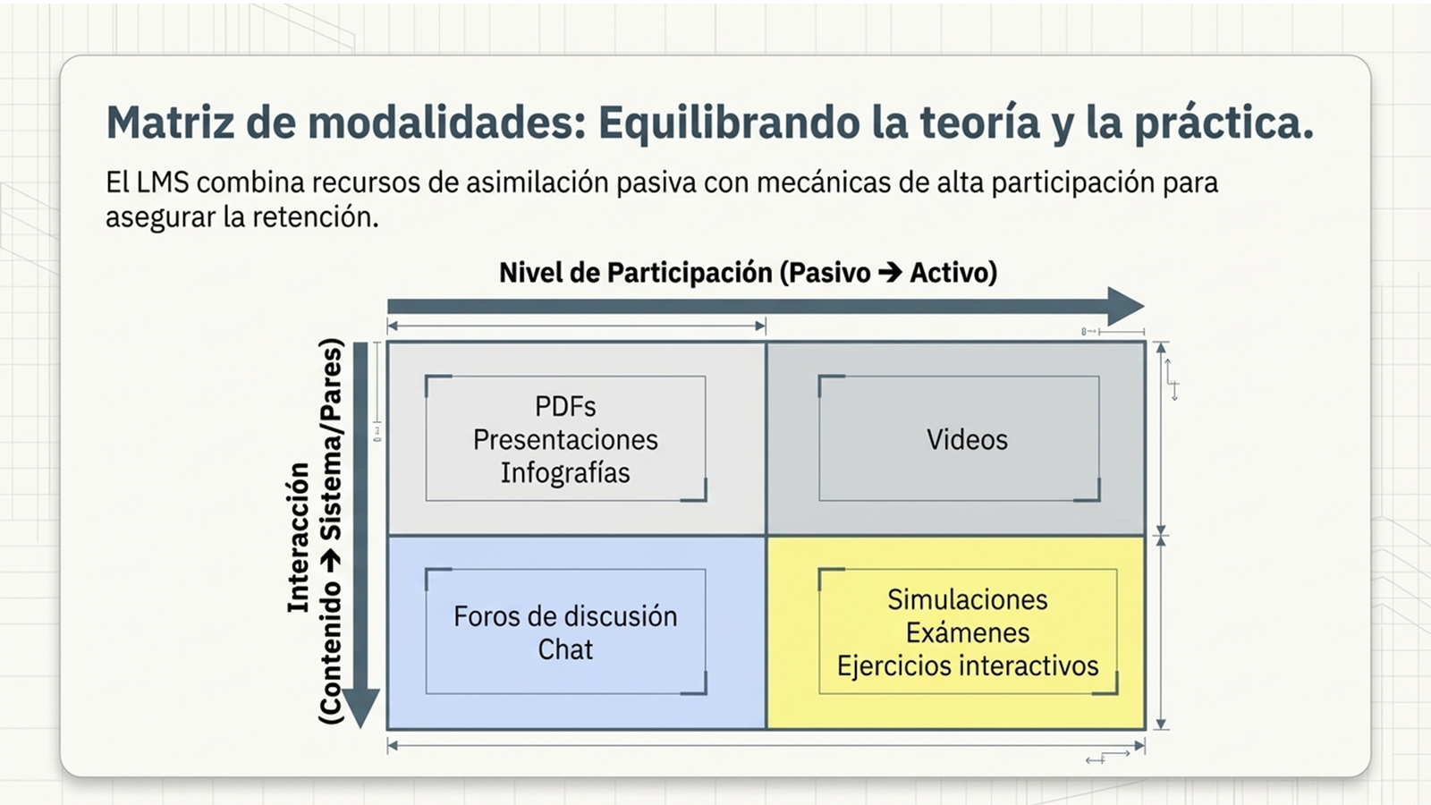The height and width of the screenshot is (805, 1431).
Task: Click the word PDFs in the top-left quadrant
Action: [x=565, y=407]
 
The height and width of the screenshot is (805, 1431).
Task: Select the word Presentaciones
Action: [x=565, y=440]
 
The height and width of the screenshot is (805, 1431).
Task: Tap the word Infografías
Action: [x=565, y=473]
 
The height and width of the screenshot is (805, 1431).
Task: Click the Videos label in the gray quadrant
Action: [x=967, y=440]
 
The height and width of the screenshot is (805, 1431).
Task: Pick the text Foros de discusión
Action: [x=565, y=616]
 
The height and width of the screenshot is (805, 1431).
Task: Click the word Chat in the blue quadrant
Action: [x=565, y=649]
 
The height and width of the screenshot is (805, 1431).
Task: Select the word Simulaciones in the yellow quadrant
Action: [x=967, y=599]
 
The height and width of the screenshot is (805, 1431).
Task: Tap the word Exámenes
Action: [x=967, y=633]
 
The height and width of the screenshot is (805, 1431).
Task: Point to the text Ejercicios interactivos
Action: [x=967, y=666]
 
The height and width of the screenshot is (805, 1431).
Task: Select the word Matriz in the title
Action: [x=169, y=123]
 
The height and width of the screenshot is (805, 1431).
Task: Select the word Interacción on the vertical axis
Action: [x=299, y=538]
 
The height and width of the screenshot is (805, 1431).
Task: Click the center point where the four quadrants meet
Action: [x=766, y=536]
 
